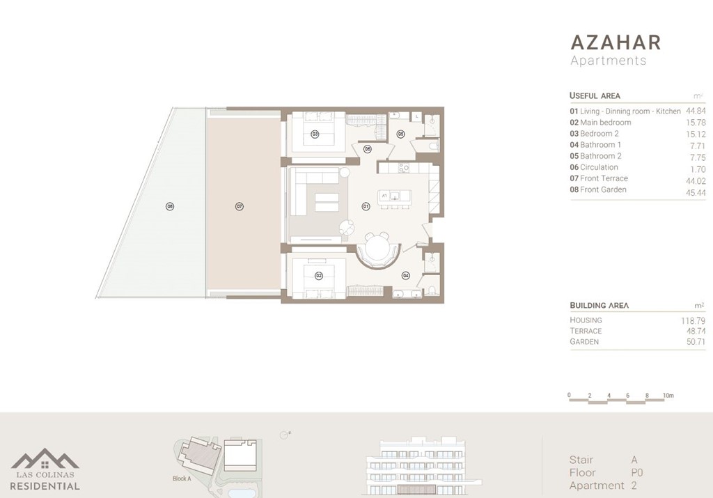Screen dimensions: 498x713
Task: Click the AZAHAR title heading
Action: coord(615,42)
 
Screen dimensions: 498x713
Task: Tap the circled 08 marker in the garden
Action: coord(169,206)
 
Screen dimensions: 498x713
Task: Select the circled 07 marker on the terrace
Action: coord(239,206)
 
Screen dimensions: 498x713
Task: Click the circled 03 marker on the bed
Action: coord(315,134)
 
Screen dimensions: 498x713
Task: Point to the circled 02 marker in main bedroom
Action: coord(319,276)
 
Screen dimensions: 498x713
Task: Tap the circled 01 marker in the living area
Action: coord(366,206)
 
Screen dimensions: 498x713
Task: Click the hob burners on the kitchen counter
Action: coord(402,168)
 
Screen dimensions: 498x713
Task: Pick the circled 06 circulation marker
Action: coord(367,148)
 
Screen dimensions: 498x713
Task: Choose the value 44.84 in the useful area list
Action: coord(696,111)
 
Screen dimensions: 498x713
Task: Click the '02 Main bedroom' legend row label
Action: coord(600,123)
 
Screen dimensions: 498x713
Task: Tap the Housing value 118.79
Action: coord(693,320)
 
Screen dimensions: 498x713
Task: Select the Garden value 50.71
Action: coord(696,342)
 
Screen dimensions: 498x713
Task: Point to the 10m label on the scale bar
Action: coord(668,396)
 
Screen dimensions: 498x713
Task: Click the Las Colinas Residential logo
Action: coord(45,469)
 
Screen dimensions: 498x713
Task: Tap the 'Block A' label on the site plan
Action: coord(182,478)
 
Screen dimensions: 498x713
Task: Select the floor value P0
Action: coord(636,472)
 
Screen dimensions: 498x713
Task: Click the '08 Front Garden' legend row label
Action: coord(598,189)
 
